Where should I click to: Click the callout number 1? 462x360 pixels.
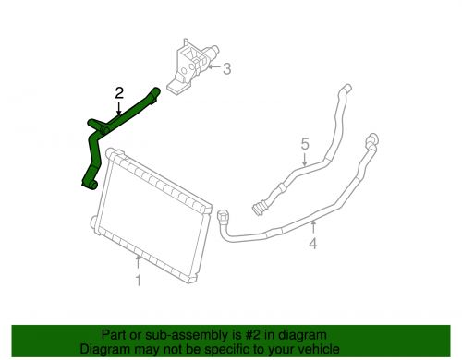pos(139,282)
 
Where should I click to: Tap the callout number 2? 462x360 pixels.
pos(118,92)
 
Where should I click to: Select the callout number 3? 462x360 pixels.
pos(226,67)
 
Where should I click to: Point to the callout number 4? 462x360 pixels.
pos(313,245)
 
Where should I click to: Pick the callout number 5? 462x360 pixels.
pos(302,144)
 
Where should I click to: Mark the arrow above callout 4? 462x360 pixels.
pos(313,228)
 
